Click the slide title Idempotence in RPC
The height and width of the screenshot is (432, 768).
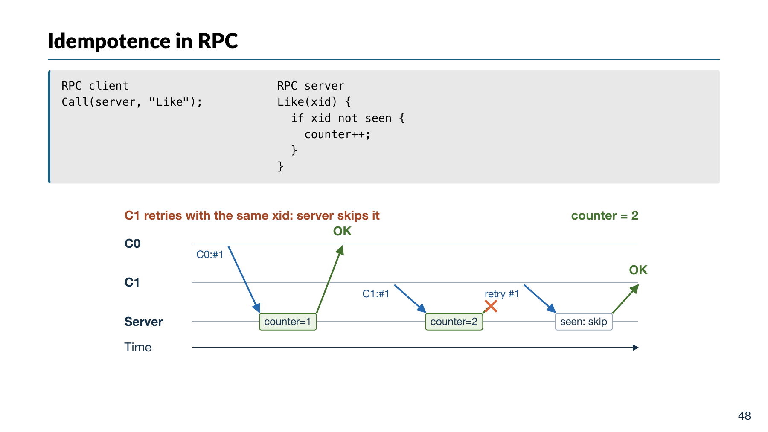(143, 41)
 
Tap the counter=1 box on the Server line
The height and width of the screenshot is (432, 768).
(288, 322)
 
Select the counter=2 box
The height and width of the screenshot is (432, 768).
(454, 322)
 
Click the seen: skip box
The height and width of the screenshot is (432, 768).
(584, 322)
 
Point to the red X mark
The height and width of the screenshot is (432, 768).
(491, 306)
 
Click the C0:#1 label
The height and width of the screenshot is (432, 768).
(209, 255)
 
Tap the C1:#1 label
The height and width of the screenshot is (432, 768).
(376, 294)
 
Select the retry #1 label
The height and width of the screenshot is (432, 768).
(502, 294)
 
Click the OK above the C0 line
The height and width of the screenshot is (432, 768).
(342, 231)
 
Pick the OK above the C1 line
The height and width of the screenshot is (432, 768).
(638, 270)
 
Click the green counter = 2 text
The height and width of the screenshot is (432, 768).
(605, 216)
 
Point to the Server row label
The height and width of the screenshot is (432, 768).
(143, 322)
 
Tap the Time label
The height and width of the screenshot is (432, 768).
(138, 347)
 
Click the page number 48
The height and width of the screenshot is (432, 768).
(745, 416)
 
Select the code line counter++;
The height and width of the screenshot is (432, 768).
(337, 134)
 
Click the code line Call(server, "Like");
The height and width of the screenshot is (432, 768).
(132, 102)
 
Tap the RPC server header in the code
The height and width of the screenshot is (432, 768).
(311, 86)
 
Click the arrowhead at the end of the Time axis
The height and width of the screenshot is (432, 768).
(636, 348)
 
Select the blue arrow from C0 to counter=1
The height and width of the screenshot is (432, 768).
(244, 279)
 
